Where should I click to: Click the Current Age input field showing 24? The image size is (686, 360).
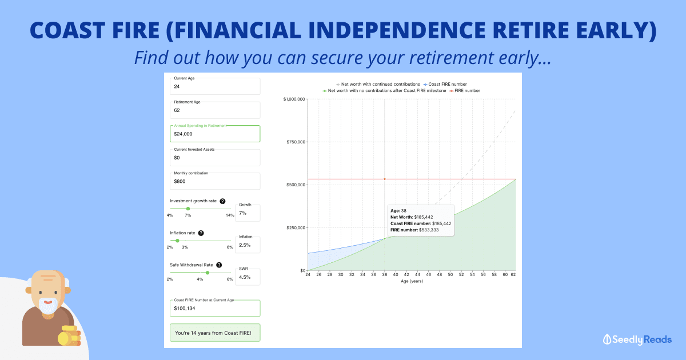click(x=215, y=86)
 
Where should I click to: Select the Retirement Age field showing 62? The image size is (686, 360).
click(x=215, y=110)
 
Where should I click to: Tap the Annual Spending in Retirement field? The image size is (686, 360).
click(x=215, y=134)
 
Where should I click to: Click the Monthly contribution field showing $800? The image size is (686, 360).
click(x=215, y=181)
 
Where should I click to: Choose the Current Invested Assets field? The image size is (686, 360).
click(x=215, y=157)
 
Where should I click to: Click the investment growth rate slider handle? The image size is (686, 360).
click(x=188, y=209)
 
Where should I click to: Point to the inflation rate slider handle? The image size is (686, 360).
click(x=177, y=241)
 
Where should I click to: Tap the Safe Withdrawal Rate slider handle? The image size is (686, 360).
click(x=208, y=273)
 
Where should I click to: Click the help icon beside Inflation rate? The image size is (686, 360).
click(x=201, y=233)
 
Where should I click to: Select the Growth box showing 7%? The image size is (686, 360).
click(x=248, y=213)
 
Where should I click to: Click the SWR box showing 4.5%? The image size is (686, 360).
click(x=248, y=277)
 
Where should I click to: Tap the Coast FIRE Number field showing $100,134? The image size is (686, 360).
click(x=215, y=308)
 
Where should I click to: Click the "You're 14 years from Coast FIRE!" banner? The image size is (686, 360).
click(x=215, y=333)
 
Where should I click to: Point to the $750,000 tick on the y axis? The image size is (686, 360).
click(x=296, y=142)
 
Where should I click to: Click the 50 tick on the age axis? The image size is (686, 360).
click(x=450, y=275)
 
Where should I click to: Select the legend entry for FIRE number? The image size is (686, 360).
click(x=465, y=91)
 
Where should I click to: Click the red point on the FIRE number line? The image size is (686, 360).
click(x=385, y=179)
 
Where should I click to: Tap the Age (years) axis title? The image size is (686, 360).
click(x=412, y=281)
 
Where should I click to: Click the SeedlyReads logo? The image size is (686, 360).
click(x=637, y=339)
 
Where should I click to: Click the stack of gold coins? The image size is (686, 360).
click(x=70, y=336)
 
